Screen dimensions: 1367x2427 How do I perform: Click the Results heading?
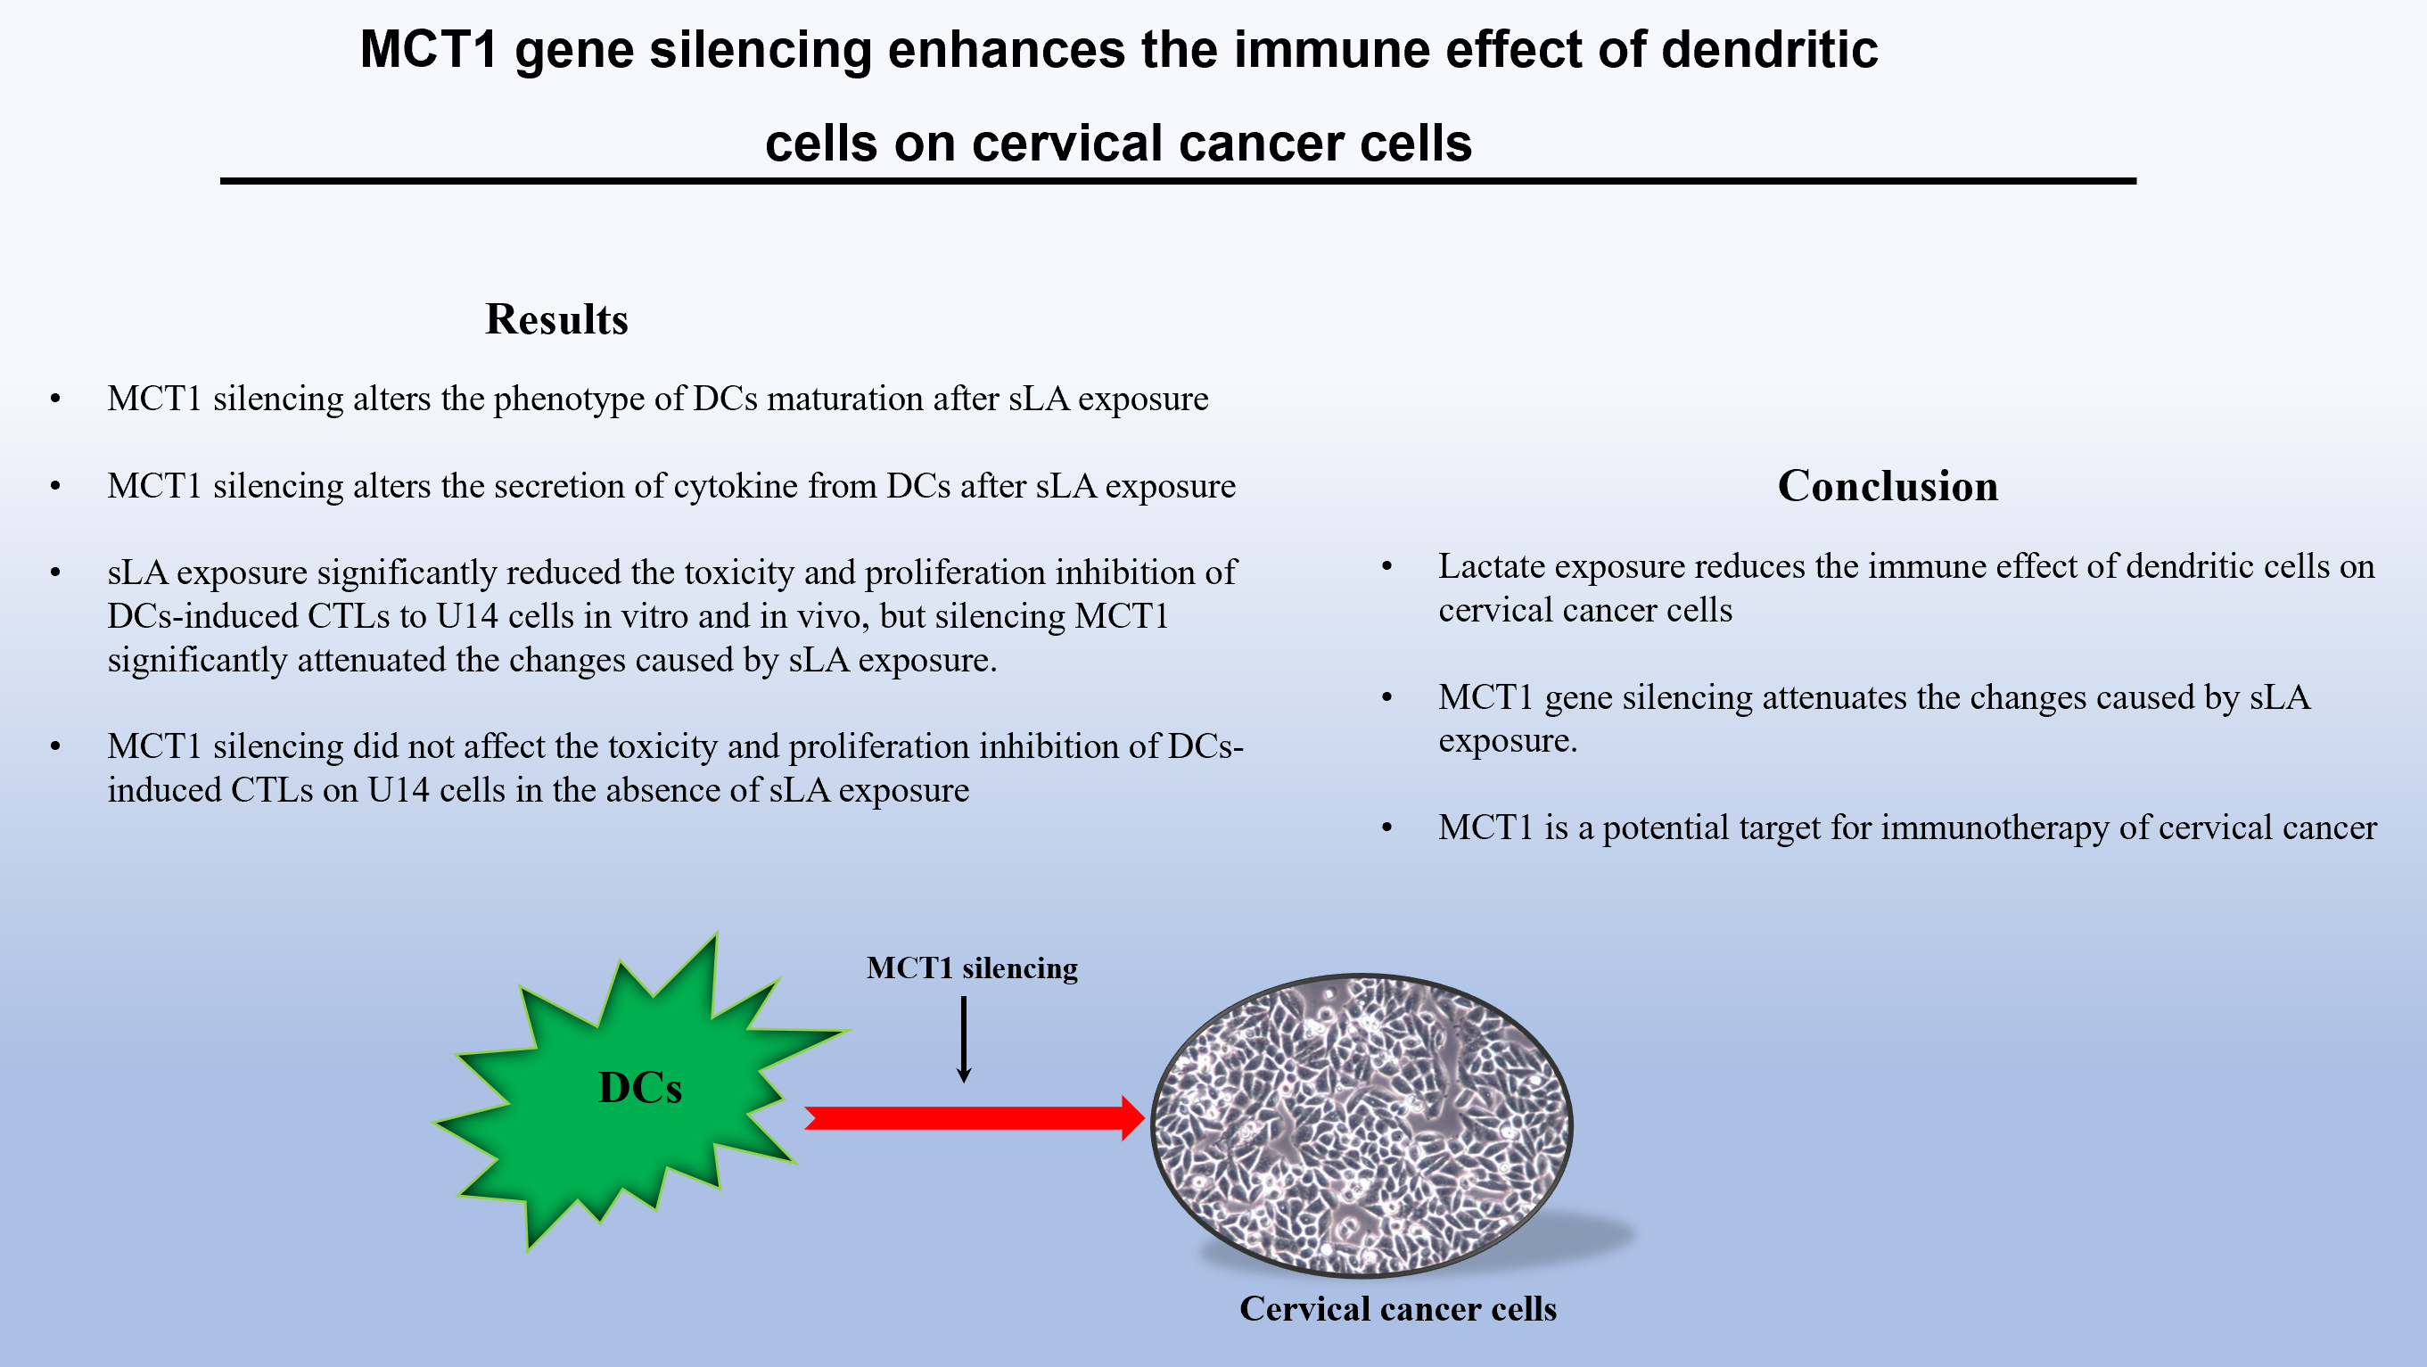point(555,319)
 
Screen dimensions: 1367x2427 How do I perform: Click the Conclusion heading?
point(1888,486)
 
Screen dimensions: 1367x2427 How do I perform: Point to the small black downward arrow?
point(964,1040)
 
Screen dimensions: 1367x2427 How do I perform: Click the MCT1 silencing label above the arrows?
point(971,968)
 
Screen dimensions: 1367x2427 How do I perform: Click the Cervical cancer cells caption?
point(1397,1308)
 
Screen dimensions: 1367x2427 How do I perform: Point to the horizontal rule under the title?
point(1178,180)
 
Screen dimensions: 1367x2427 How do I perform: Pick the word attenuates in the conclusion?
point(1833,697)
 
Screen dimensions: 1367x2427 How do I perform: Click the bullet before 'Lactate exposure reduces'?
point(1386,566)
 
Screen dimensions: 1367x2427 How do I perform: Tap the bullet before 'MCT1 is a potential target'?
point(1386,828)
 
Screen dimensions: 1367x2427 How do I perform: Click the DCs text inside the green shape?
point(639,1088)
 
